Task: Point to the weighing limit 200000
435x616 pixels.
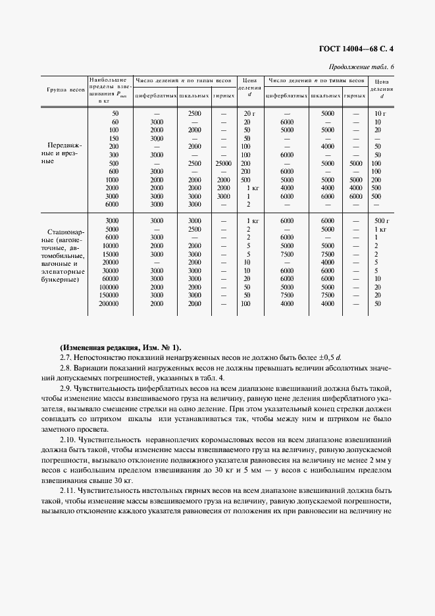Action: tap(109, 304)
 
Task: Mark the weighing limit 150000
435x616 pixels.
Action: tap(109, 295)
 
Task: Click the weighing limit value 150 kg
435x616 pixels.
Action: tap(114, 138)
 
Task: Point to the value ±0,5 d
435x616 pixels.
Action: tap(338, 357)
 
